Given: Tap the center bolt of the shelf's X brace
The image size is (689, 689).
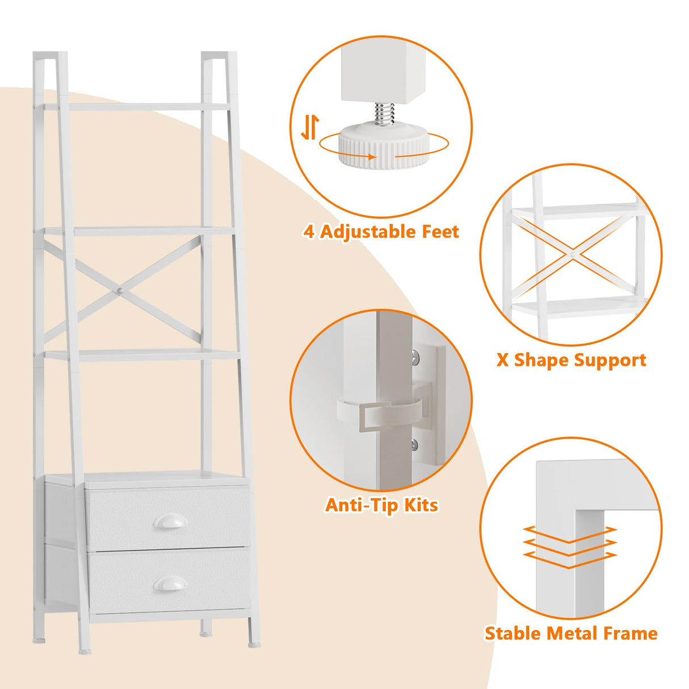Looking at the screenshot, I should (x=120, y=291).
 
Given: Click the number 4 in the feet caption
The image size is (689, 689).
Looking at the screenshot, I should (x=309, y=232).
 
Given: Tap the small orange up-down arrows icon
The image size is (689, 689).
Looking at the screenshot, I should (x=310, y=127).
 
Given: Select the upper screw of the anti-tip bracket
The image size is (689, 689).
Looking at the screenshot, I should (x=415, y=356).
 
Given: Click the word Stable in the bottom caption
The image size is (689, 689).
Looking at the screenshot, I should (x=513, y=633).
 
